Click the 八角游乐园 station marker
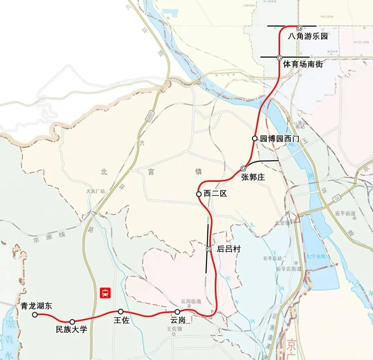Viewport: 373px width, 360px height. click(299, 27)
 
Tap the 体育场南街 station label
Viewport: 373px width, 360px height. click(303, 64)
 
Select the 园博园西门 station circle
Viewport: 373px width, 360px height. click(255, 138)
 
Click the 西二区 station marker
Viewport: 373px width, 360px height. click(199, 194)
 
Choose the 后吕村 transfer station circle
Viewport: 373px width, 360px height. click(209, 249)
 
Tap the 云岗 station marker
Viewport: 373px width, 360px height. click(178, 312)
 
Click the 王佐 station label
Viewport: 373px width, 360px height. click(121, 320)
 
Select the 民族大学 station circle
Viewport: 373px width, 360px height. click(72, 322)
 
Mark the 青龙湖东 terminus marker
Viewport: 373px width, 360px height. click(35, 314)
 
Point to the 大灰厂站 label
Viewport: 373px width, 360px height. click(96, 191)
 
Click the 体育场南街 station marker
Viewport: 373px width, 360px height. click(279, 57)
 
